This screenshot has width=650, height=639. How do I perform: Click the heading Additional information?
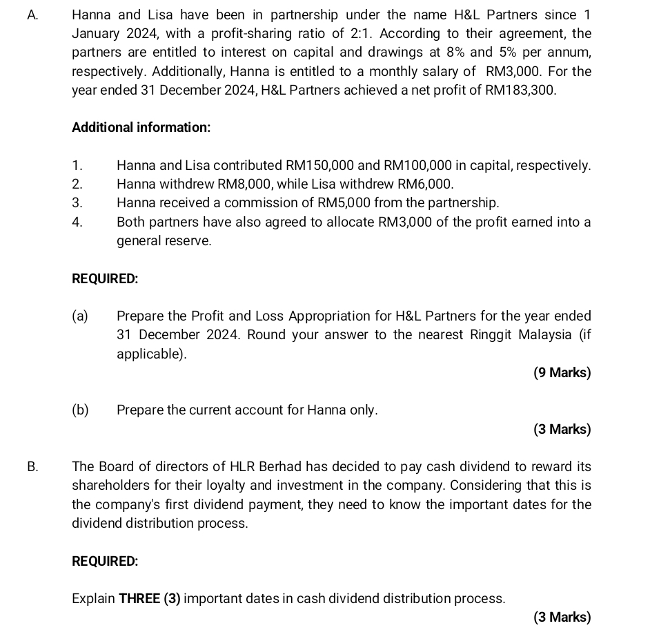141,128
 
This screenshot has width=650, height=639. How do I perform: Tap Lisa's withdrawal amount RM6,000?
422,184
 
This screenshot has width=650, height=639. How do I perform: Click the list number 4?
77,222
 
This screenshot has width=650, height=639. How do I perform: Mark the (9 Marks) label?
562,373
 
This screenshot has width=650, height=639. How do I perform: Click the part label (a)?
80,316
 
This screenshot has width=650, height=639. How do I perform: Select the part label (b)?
80,410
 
